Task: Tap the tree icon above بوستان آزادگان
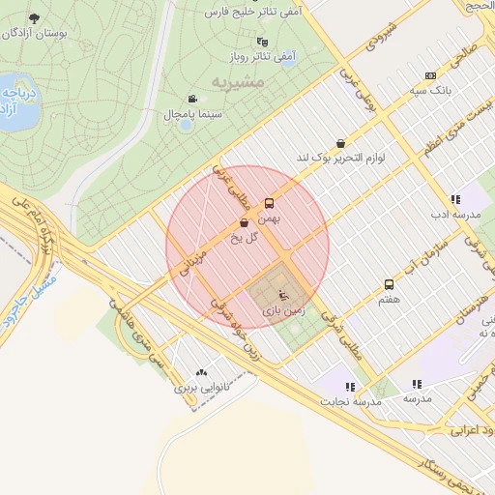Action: coord(35,19)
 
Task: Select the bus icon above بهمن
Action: coord(269,203)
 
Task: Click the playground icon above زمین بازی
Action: coord(282,294)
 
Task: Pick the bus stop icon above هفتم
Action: coord(389,284)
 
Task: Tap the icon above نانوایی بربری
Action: coord(201,372)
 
